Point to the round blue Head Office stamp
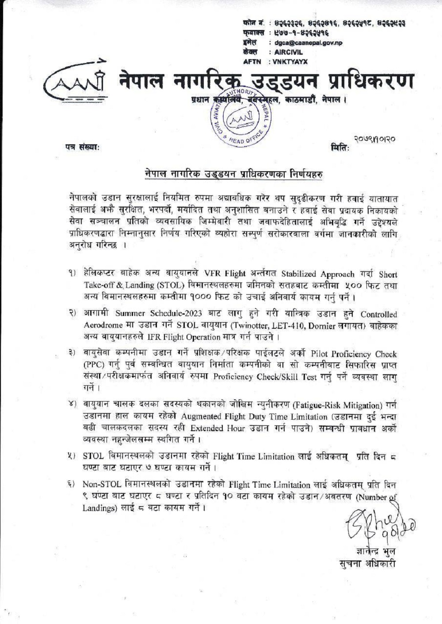tap(240, 118)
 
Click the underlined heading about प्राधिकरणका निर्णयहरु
tap(234, 173)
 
